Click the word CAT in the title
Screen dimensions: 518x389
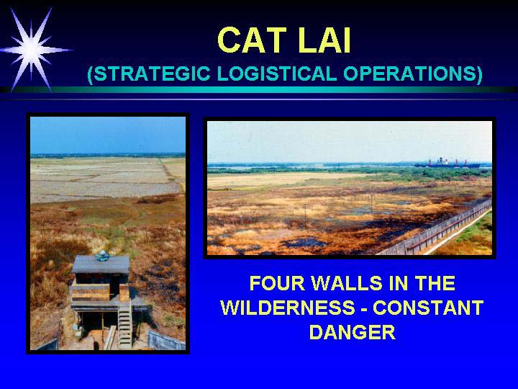[x=252, y=40]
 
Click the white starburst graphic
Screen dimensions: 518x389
[x=32, y=50]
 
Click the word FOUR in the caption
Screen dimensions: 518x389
[x=277, y=283]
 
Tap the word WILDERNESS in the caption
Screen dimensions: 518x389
[x=287, y=308]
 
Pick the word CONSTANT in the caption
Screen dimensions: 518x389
[x=428, y=308]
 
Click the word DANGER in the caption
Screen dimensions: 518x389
[x=352, y=332]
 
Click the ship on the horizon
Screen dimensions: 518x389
[x=447, y=163]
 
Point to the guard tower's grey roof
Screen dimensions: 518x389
[x=101, y=264]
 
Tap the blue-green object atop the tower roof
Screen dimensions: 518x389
[x=103, y=255]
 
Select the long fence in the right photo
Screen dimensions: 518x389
[x=435, y=228]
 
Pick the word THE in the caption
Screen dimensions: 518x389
[x=435, y=283]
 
